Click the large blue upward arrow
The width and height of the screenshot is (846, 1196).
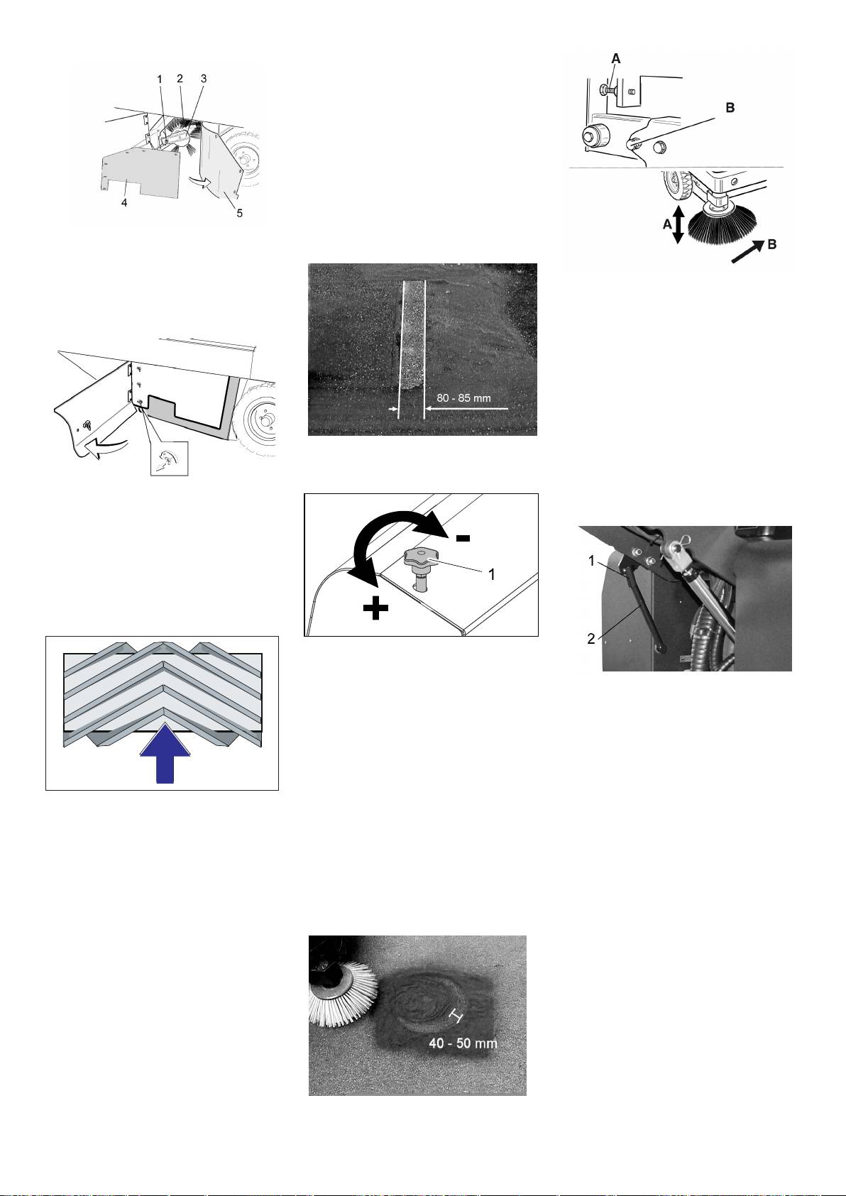click(165, 754)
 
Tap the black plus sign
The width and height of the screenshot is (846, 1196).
click(375, 608)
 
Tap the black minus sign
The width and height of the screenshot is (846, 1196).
click(463, 538)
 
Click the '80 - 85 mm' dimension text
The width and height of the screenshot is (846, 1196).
click(463, 397)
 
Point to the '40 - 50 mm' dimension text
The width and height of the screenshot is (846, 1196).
click(463, 1043)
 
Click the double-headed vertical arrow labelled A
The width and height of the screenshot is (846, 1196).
click(678, 225)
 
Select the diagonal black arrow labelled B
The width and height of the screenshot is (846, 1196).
click(748, 251)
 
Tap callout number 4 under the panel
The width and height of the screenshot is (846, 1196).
click(124, 203)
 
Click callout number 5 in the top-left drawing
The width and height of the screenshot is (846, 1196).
click(240, 213)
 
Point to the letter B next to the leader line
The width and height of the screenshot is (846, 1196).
click(730, 108)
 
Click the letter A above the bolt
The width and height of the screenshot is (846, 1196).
click(616, 59)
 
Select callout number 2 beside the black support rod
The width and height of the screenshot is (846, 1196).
click(591, 639)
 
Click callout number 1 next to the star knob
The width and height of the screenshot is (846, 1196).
click(492, 574)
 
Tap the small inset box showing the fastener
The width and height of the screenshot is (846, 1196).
click(169, 459)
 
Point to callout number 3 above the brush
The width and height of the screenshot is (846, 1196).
click(204, 79)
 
